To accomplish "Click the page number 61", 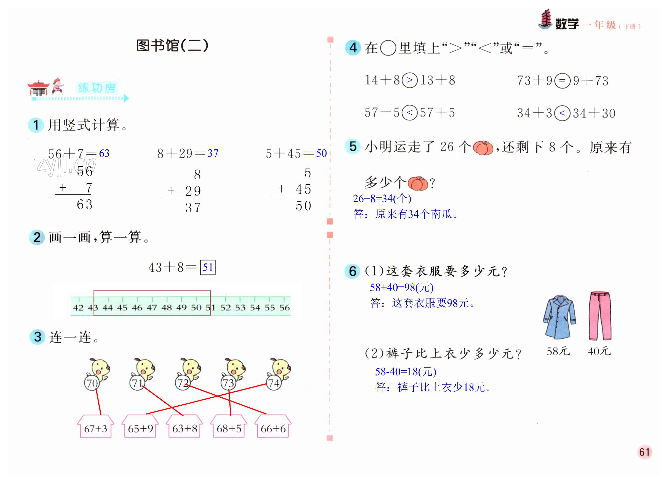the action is pos(644,452).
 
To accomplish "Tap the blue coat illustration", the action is pos(559,318).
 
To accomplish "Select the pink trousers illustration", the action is pos(600,316).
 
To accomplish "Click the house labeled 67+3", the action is pos(96,428).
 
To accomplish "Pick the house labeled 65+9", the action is pos(140,428).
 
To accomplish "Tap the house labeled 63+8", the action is pos(184,428).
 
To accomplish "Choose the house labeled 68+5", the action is pos(229,428).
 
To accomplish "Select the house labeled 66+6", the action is pos(273,428).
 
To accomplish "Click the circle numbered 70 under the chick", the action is pos(92,383).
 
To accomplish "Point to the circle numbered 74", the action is pos(274,383).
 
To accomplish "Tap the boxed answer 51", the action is pos(208,267).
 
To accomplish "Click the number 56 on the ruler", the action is pos(284,308).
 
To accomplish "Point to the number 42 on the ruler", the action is pos(78,308).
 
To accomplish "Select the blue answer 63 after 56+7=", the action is pos(104,153).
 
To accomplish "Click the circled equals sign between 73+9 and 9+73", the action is pos(562,80).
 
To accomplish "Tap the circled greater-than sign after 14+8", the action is pos(409,80).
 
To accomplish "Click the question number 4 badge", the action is pos(353,48).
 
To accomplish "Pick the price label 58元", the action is pos(558,351).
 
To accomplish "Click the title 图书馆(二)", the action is pos(172,46).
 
